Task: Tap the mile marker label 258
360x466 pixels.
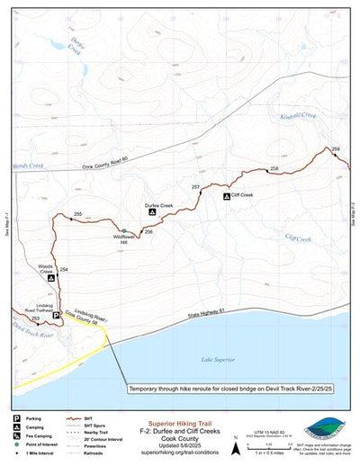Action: [x=274, y=169]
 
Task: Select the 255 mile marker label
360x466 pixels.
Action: [x=78, y=213]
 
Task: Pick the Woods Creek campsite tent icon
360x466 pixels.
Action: [x=51, y=279]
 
